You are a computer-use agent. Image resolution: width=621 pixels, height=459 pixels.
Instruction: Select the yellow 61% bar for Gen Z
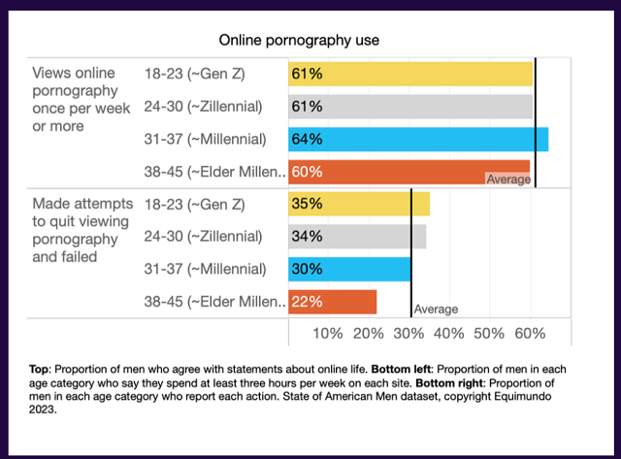[410, 74]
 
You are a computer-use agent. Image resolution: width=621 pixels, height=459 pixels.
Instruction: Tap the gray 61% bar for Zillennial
[410, 107]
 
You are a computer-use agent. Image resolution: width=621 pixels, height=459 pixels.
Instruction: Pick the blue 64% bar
[418, 139]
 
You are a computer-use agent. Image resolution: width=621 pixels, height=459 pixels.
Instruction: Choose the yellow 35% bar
[358, 205]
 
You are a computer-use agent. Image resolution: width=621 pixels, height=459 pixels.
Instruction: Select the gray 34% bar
[356, 237]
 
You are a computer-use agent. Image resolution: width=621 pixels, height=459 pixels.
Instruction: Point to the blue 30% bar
[348, 269]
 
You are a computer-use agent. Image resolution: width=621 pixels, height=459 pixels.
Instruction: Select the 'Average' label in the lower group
[436, 310]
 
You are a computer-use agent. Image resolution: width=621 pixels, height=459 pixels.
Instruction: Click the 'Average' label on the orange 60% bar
[508, 180]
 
